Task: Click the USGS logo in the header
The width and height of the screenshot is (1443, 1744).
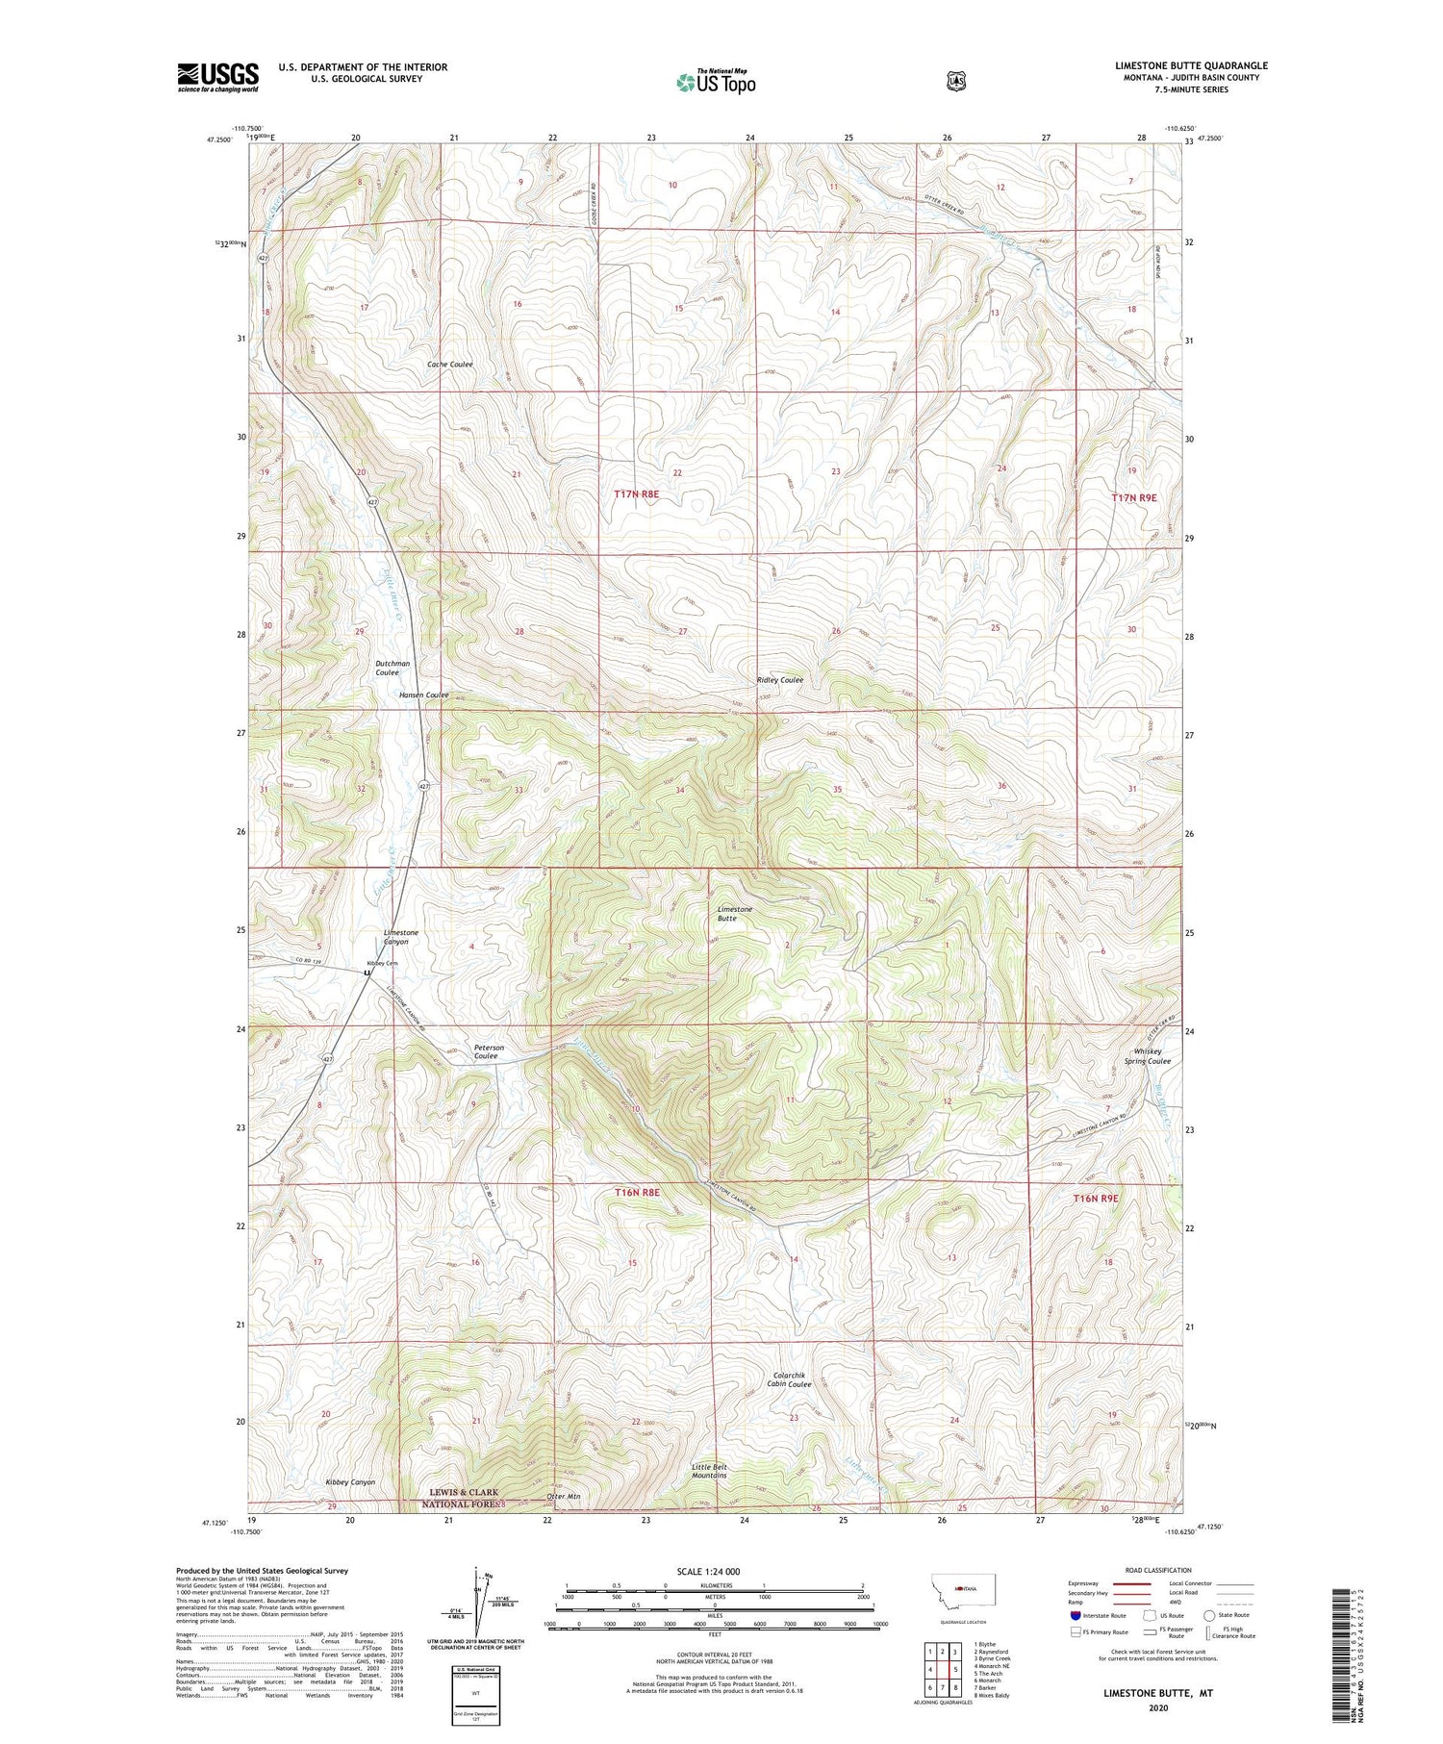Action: [217, 77]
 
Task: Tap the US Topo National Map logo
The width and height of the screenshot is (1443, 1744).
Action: [716, 82]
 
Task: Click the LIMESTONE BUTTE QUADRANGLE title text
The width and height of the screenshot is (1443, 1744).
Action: [1191, 65]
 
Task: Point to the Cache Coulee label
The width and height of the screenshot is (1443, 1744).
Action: [449, 365]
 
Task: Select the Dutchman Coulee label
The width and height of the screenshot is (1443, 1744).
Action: [392, 668]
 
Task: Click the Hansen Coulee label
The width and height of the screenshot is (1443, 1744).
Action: [423, 695]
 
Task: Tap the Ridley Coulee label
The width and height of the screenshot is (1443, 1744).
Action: [779, 680]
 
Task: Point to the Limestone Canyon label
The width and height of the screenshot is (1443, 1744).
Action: [401, 937]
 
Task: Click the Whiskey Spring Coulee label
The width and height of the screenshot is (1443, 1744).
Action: [1148, 1056]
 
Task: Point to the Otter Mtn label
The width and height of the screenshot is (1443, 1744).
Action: [563, 1497]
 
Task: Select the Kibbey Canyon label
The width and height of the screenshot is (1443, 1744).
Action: [350, 1482]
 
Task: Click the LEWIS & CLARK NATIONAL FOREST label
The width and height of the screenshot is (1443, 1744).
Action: [464, 1498]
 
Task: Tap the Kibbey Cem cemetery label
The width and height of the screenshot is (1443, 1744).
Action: [380, 963]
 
